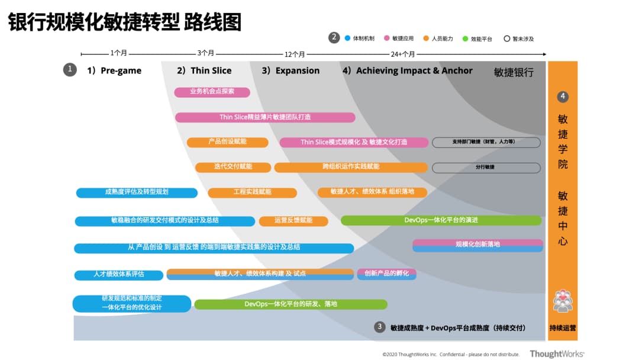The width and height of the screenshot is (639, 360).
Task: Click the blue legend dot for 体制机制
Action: (x=347, y=38)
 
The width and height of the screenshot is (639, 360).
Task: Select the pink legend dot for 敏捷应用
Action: (x=386, y=38)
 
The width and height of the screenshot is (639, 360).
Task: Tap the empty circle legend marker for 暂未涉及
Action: (x=506, y=38)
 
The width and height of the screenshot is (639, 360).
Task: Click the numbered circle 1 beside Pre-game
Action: (x=70, y=70)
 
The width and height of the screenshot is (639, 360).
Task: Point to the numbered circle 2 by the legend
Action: (x=334, y=38)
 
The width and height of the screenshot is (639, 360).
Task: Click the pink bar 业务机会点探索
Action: (x=212, y=92)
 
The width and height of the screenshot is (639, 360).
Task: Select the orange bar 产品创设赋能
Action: (x=227, y=142)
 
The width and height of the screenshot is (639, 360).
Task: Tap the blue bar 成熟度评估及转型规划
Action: (x=137, y=192)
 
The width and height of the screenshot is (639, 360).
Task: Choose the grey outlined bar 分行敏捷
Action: (x=486, y=168)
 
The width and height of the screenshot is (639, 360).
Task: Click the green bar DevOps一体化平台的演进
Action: (x=441, y=220)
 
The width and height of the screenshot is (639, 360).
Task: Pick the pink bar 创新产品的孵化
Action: (x=386, y=274)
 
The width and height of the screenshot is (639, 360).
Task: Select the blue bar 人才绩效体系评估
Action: (x=118, y=275)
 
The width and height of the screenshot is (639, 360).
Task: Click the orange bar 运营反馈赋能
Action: (x=293, y=221)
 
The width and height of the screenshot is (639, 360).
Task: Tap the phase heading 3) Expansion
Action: (x=291, y=70)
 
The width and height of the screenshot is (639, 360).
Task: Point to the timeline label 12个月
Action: (x=295, y=54)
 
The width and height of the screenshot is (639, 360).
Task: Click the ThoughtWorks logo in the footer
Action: (x=557, y=353)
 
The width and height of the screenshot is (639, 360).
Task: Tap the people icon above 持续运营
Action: (x=562, y=301)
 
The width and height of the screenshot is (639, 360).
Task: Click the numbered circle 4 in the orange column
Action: (x=563, y=97)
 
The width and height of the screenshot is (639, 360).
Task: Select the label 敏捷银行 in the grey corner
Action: (x=514, y=72)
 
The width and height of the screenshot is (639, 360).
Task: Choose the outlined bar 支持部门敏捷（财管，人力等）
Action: (x=486, y=142)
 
